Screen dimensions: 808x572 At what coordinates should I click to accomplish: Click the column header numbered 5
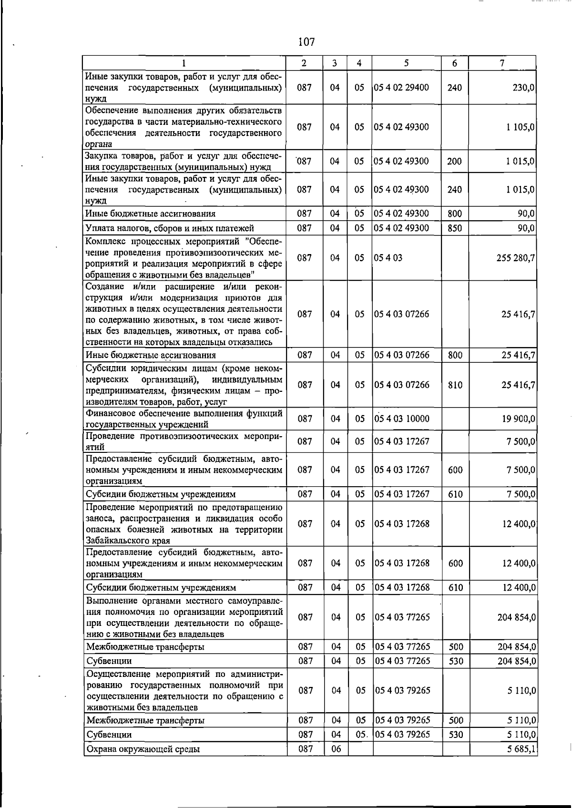(407, 63)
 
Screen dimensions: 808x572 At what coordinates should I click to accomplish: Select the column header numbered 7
(502, 63)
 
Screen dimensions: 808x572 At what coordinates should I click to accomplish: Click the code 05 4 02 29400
(401, 87)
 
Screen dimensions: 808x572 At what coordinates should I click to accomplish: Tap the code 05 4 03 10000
(402, 419)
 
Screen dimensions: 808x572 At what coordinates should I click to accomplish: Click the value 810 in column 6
(455, 385)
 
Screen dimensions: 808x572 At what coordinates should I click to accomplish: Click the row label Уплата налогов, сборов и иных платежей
(169, 228)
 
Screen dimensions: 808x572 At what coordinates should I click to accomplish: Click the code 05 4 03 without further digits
(388, 258)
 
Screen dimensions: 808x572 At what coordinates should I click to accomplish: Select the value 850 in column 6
(455, 228)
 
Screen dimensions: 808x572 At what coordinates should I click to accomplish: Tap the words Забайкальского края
(128, 541)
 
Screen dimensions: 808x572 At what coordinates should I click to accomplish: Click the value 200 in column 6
(454, 161)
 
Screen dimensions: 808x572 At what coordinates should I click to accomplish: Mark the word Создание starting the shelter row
(105, 286)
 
